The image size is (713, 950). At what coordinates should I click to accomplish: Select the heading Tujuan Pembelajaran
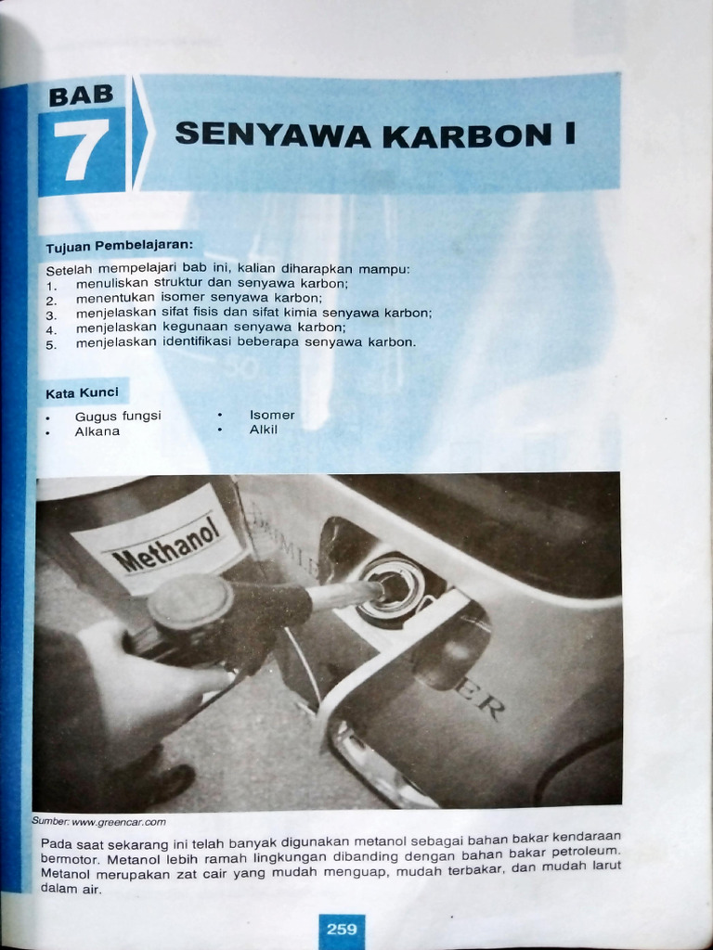point(120,247)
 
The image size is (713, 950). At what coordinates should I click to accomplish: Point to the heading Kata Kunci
point(82,392)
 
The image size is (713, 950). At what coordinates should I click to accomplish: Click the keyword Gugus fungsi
point(118,417)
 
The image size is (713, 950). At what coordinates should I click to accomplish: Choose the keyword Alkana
point(97,431)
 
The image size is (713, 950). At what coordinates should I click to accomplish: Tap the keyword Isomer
point(272,416)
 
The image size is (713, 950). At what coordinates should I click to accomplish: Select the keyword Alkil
point(263,430)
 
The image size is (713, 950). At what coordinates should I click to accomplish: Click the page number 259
point(342,929)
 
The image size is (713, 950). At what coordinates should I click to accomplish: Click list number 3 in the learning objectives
point(51,315)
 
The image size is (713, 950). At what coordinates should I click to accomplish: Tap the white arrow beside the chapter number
point(139,135)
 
